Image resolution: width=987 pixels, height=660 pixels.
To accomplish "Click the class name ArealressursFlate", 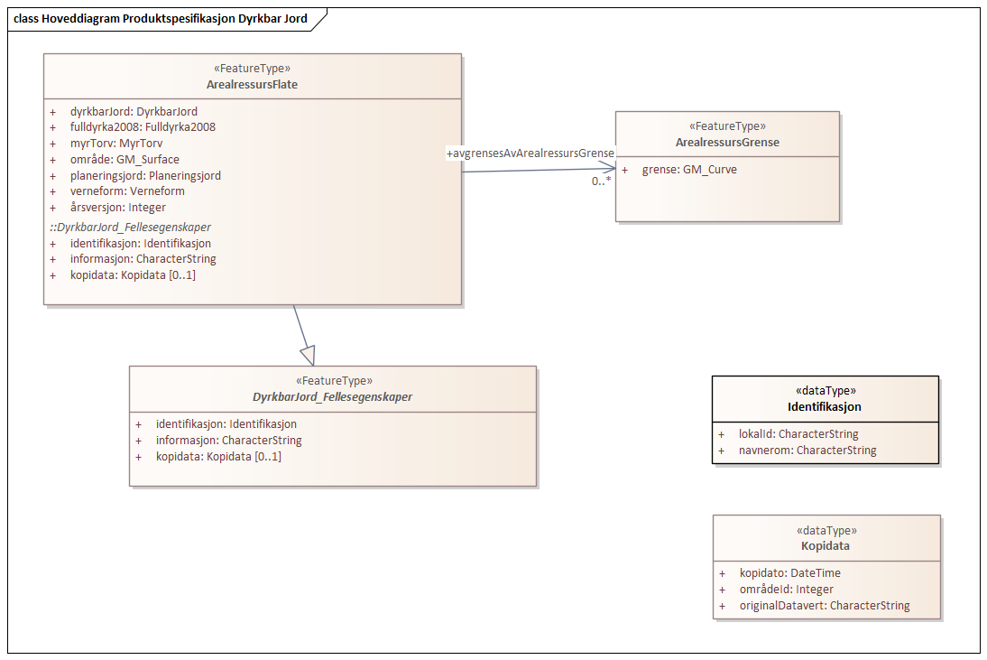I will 252,85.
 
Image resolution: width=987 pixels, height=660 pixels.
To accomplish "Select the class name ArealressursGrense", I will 727,143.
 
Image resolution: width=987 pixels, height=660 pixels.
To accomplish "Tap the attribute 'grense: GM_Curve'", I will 689,169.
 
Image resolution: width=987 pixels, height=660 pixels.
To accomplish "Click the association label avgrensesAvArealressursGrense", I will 530,154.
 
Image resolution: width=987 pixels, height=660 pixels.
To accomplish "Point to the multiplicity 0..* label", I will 601,181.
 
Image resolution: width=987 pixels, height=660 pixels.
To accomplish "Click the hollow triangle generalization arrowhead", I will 308,355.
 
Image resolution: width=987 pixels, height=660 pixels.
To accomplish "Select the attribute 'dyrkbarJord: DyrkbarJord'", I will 134,111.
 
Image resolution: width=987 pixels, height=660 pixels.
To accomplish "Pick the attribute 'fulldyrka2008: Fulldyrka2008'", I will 143,127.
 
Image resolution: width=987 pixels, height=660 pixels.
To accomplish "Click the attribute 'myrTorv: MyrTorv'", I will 116,144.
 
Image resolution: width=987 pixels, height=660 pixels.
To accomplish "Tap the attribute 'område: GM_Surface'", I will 125,160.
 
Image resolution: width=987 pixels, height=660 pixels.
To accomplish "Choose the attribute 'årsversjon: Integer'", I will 118,208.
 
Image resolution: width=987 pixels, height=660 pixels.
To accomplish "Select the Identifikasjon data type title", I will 825,407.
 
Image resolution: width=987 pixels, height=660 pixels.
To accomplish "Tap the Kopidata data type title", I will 826,546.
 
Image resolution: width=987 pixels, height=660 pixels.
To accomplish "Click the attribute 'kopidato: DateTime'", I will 790,572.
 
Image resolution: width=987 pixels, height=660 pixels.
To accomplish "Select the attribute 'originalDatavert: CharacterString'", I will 825,606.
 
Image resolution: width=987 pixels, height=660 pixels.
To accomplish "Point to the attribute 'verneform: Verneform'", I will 127,191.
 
